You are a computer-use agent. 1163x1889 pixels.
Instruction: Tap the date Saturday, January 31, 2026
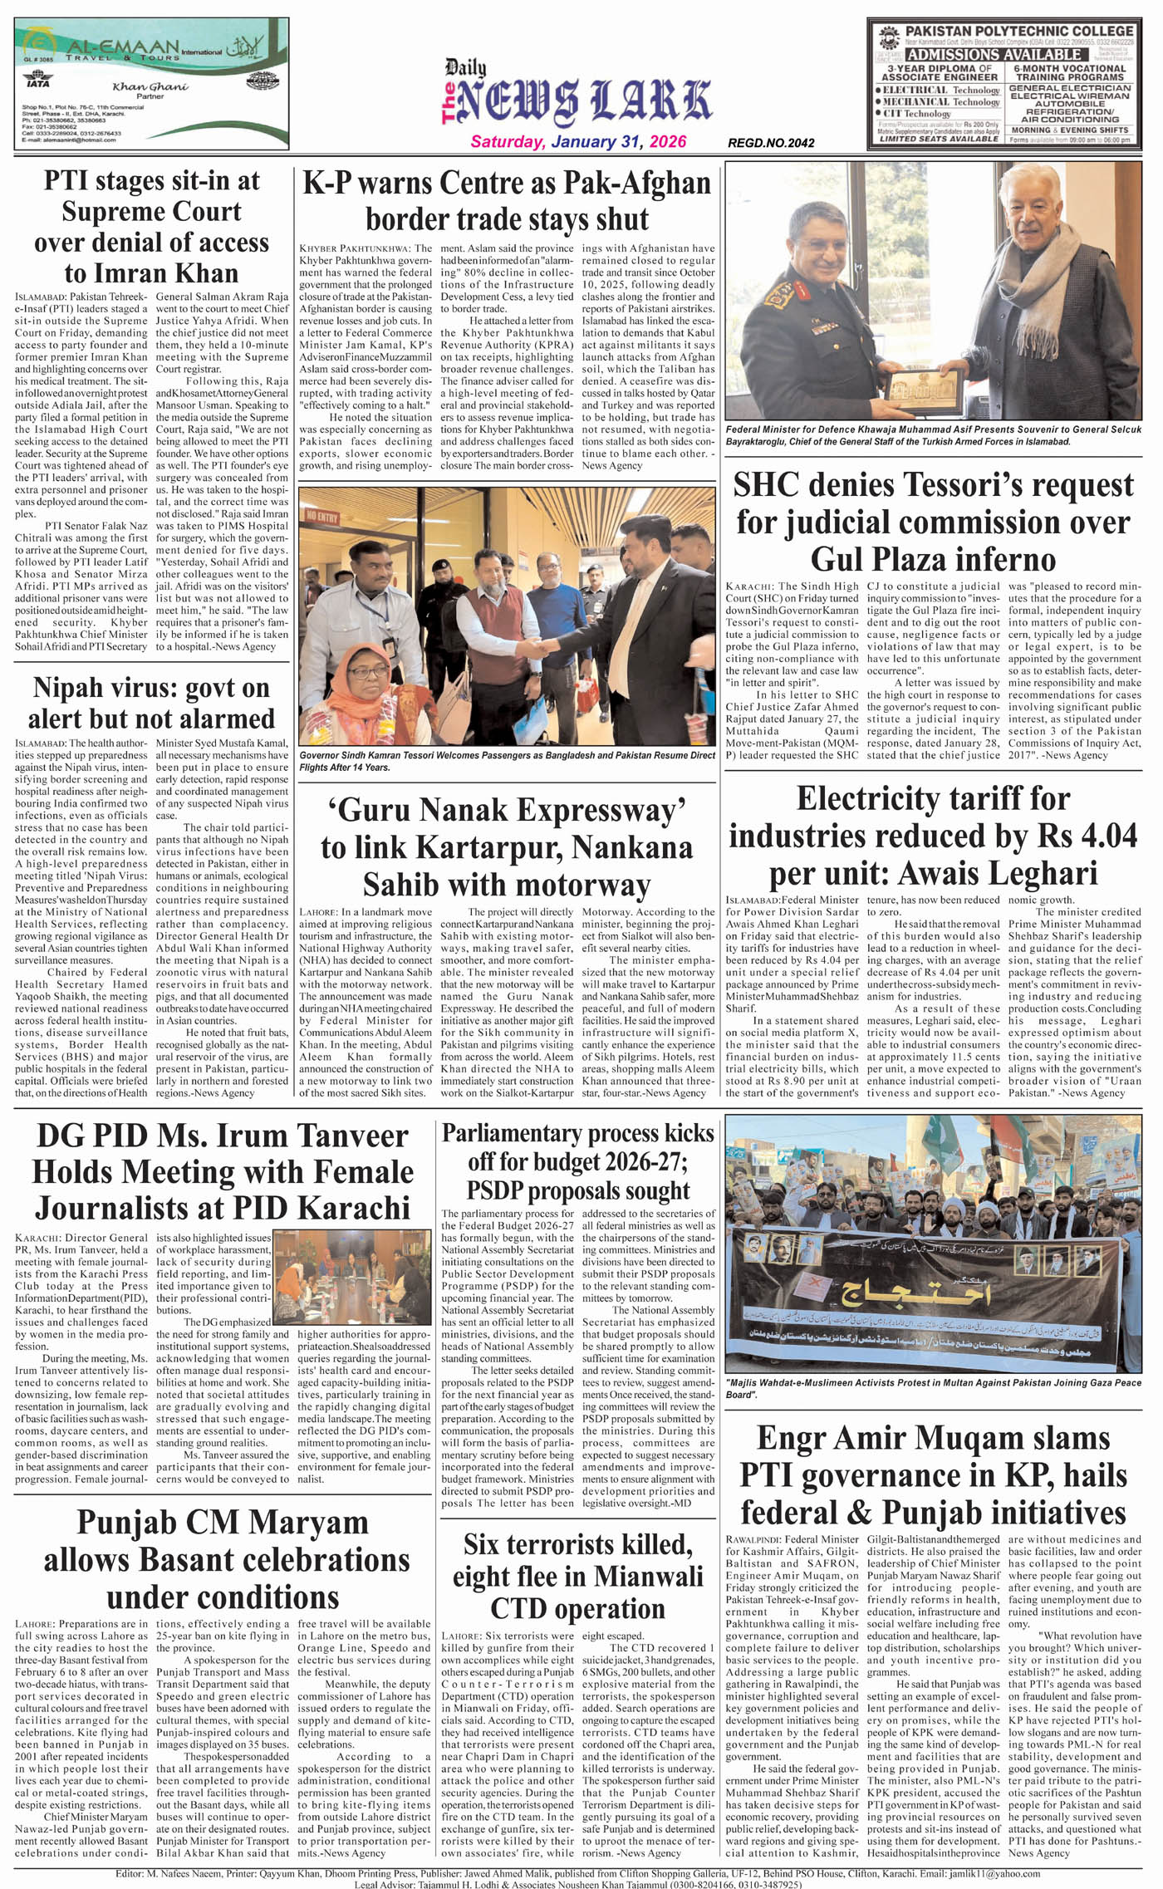pyautogui.click(x=578, y=142)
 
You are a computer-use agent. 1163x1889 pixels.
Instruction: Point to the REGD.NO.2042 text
pyautogui.click(x=770, y=143)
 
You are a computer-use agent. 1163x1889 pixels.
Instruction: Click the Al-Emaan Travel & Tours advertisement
pyautogui.click(x=152, y=84)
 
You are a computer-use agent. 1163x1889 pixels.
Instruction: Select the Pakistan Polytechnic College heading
pyautogui.click(x=1018, y=31)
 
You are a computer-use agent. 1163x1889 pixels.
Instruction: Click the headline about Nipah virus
pyautogui.click(x=151, y=703)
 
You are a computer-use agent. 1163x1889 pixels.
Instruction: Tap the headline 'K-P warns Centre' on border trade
pyautogui.click(x=507, y=200)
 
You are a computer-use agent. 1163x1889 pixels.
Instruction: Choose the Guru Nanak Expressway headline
pyautogui.click(x=507, y=846)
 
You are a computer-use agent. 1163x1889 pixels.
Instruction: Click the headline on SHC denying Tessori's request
pyautogui.click(x=933, y=522)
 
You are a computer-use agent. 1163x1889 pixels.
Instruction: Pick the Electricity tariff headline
pyautogui.click(x=933, y=836)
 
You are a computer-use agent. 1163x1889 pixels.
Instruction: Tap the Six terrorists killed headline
pyautogui.click(x=577, y=1576)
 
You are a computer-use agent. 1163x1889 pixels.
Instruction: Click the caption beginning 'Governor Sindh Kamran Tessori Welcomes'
pyautogui.click(x=507, y=761)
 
